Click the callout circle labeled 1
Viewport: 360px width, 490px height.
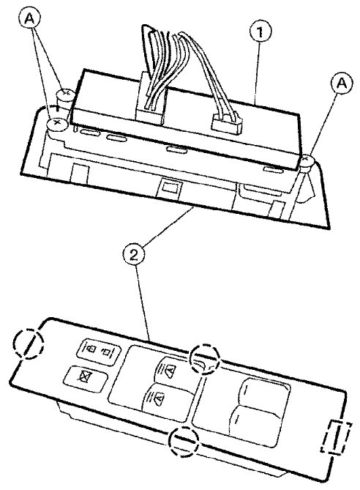click(x=260, y=31)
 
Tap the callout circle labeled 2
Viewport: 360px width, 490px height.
click(x=134, y=256)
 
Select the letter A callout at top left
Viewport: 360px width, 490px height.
click(x=29, y=19)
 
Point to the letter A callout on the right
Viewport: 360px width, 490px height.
click(x=342, y=83)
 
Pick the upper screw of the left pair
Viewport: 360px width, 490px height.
click(x=65, y=94)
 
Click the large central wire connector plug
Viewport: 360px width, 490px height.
click(x=150, y=97)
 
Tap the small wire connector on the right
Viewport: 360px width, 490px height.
click(x=227, y=122)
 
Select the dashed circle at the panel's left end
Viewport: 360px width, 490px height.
click(x=28, y=344)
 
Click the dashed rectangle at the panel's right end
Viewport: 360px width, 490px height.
click(x=337, y=437)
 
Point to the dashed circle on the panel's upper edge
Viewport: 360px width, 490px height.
click(x=205, y=359)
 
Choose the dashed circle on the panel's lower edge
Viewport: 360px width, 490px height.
click(x=184, y=441)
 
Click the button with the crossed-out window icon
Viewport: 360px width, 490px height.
click(x=85, y=379)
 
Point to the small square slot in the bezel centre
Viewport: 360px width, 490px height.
click(x=170, y=188)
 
